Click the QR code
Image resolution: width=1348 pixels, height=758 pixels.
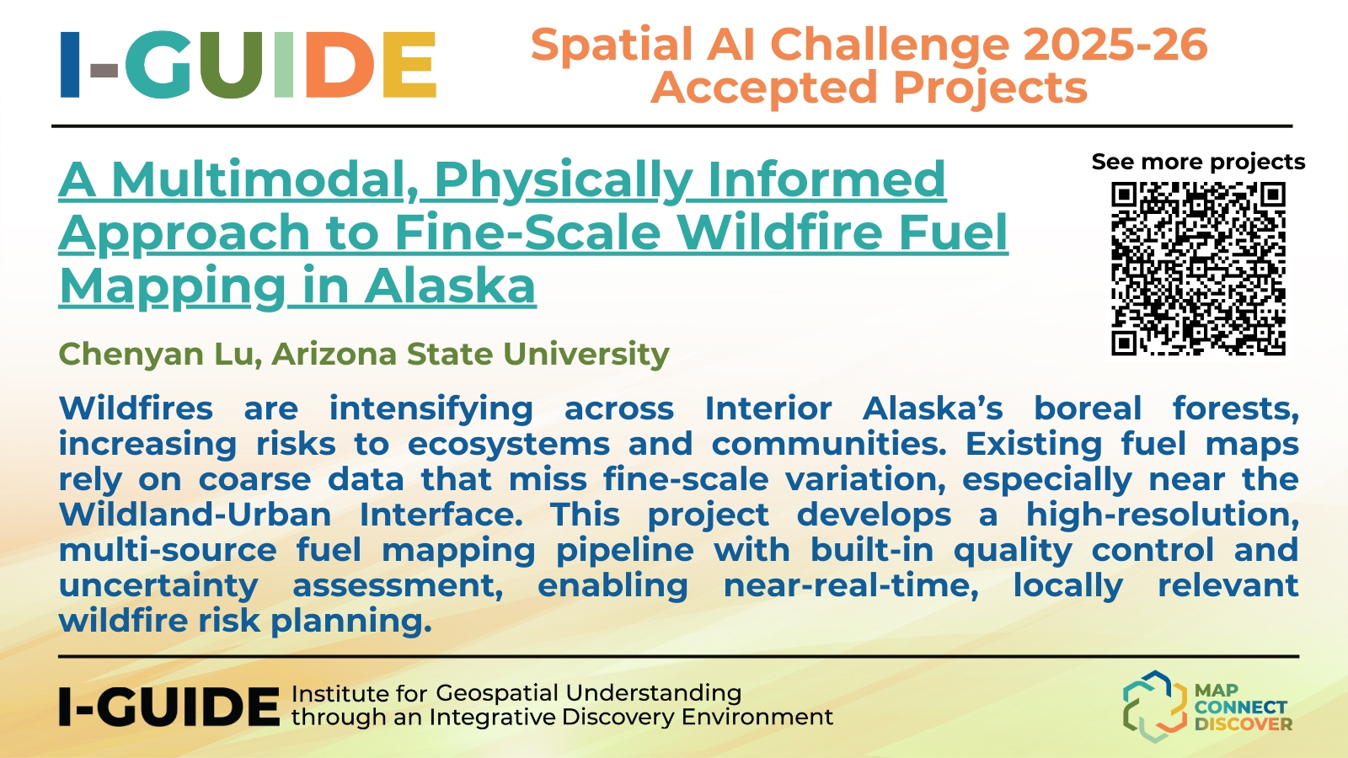pos(1198,269)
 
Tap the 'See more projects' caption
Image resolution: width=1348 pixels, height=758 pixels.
pos(1198,162)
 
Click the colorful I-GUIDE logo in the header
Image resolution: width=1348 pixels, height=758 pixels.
pos(248,64)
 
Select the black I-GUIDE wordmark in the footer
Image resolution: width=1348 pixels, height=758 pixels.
pos(169,707)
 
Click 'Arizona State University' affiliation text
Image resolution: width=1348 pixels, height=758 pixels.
pos(471,354)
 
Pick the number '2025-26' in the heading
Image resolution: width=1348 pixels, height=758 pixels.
pos(1115,45)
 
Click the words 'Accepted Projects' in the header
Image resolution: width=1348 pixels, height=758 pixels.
pos(869,88)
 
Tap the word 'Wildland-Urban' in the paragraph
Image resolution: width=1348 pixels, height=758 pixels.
pos(195,515)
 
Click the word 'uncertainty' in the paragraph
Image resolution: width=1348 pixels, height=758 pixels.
pos(158,586)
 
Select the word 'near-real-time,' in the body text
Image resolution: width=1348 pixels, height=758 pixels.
pos(851,585)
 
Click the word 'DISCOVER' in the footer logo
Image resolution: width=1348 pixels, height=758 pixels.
pos(1244,723)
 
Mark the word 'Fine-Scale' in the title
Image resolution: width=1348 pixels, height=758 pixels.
pos(527,232)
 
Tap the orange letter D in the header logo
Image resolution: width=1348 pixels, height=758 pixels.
pos(340,64)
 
